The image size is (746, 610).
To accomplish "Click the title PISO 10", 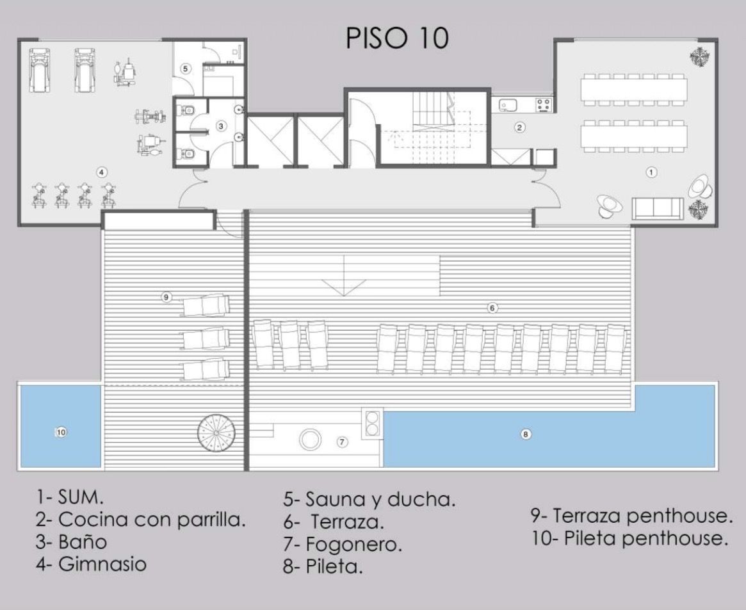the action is click(x=397, y=38).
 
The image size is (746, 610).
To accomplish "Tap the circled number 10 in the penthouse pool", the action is click(x=61, y=433).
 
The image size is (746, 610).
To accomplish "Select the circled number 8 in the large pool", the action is click(x=526, y=434).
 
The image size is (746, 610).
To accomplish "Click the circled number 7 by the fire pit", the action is click(x=342, y=442).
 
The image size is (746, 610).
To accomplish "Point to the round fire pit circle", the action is click(x=310, y=440).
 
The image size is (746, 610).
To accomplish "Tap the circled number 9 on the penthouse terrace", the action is click(x=166, y=297).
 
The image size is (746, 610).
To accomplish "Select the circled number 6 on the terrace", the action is click(x=492, y=308).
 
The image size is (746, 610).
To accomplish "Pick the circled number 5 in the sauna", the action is click(x=186, y=69).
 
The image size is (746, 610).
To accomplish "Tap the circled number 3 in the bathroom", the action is click(x=221, y=126).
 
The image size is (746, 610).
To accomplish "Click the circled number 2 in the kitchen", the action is click(x=519, y=127).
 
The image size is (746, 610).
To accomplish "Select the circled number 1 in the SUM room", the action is click(x=651, y=172).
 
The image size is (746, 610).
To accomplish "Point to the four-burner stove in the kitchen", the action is click(x=543, y=104).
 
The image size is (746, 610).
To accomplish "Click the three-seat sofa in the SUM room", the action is click(x=658, y=209).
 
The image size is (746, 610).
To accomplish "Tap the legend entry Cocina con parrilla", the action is click(x=140, y=520).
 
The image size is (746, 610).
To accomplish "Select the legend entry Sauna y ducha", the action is click(x=369, y=500).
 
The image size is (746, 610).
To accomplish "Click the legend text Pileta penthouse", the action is click(x=630, y=539).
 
